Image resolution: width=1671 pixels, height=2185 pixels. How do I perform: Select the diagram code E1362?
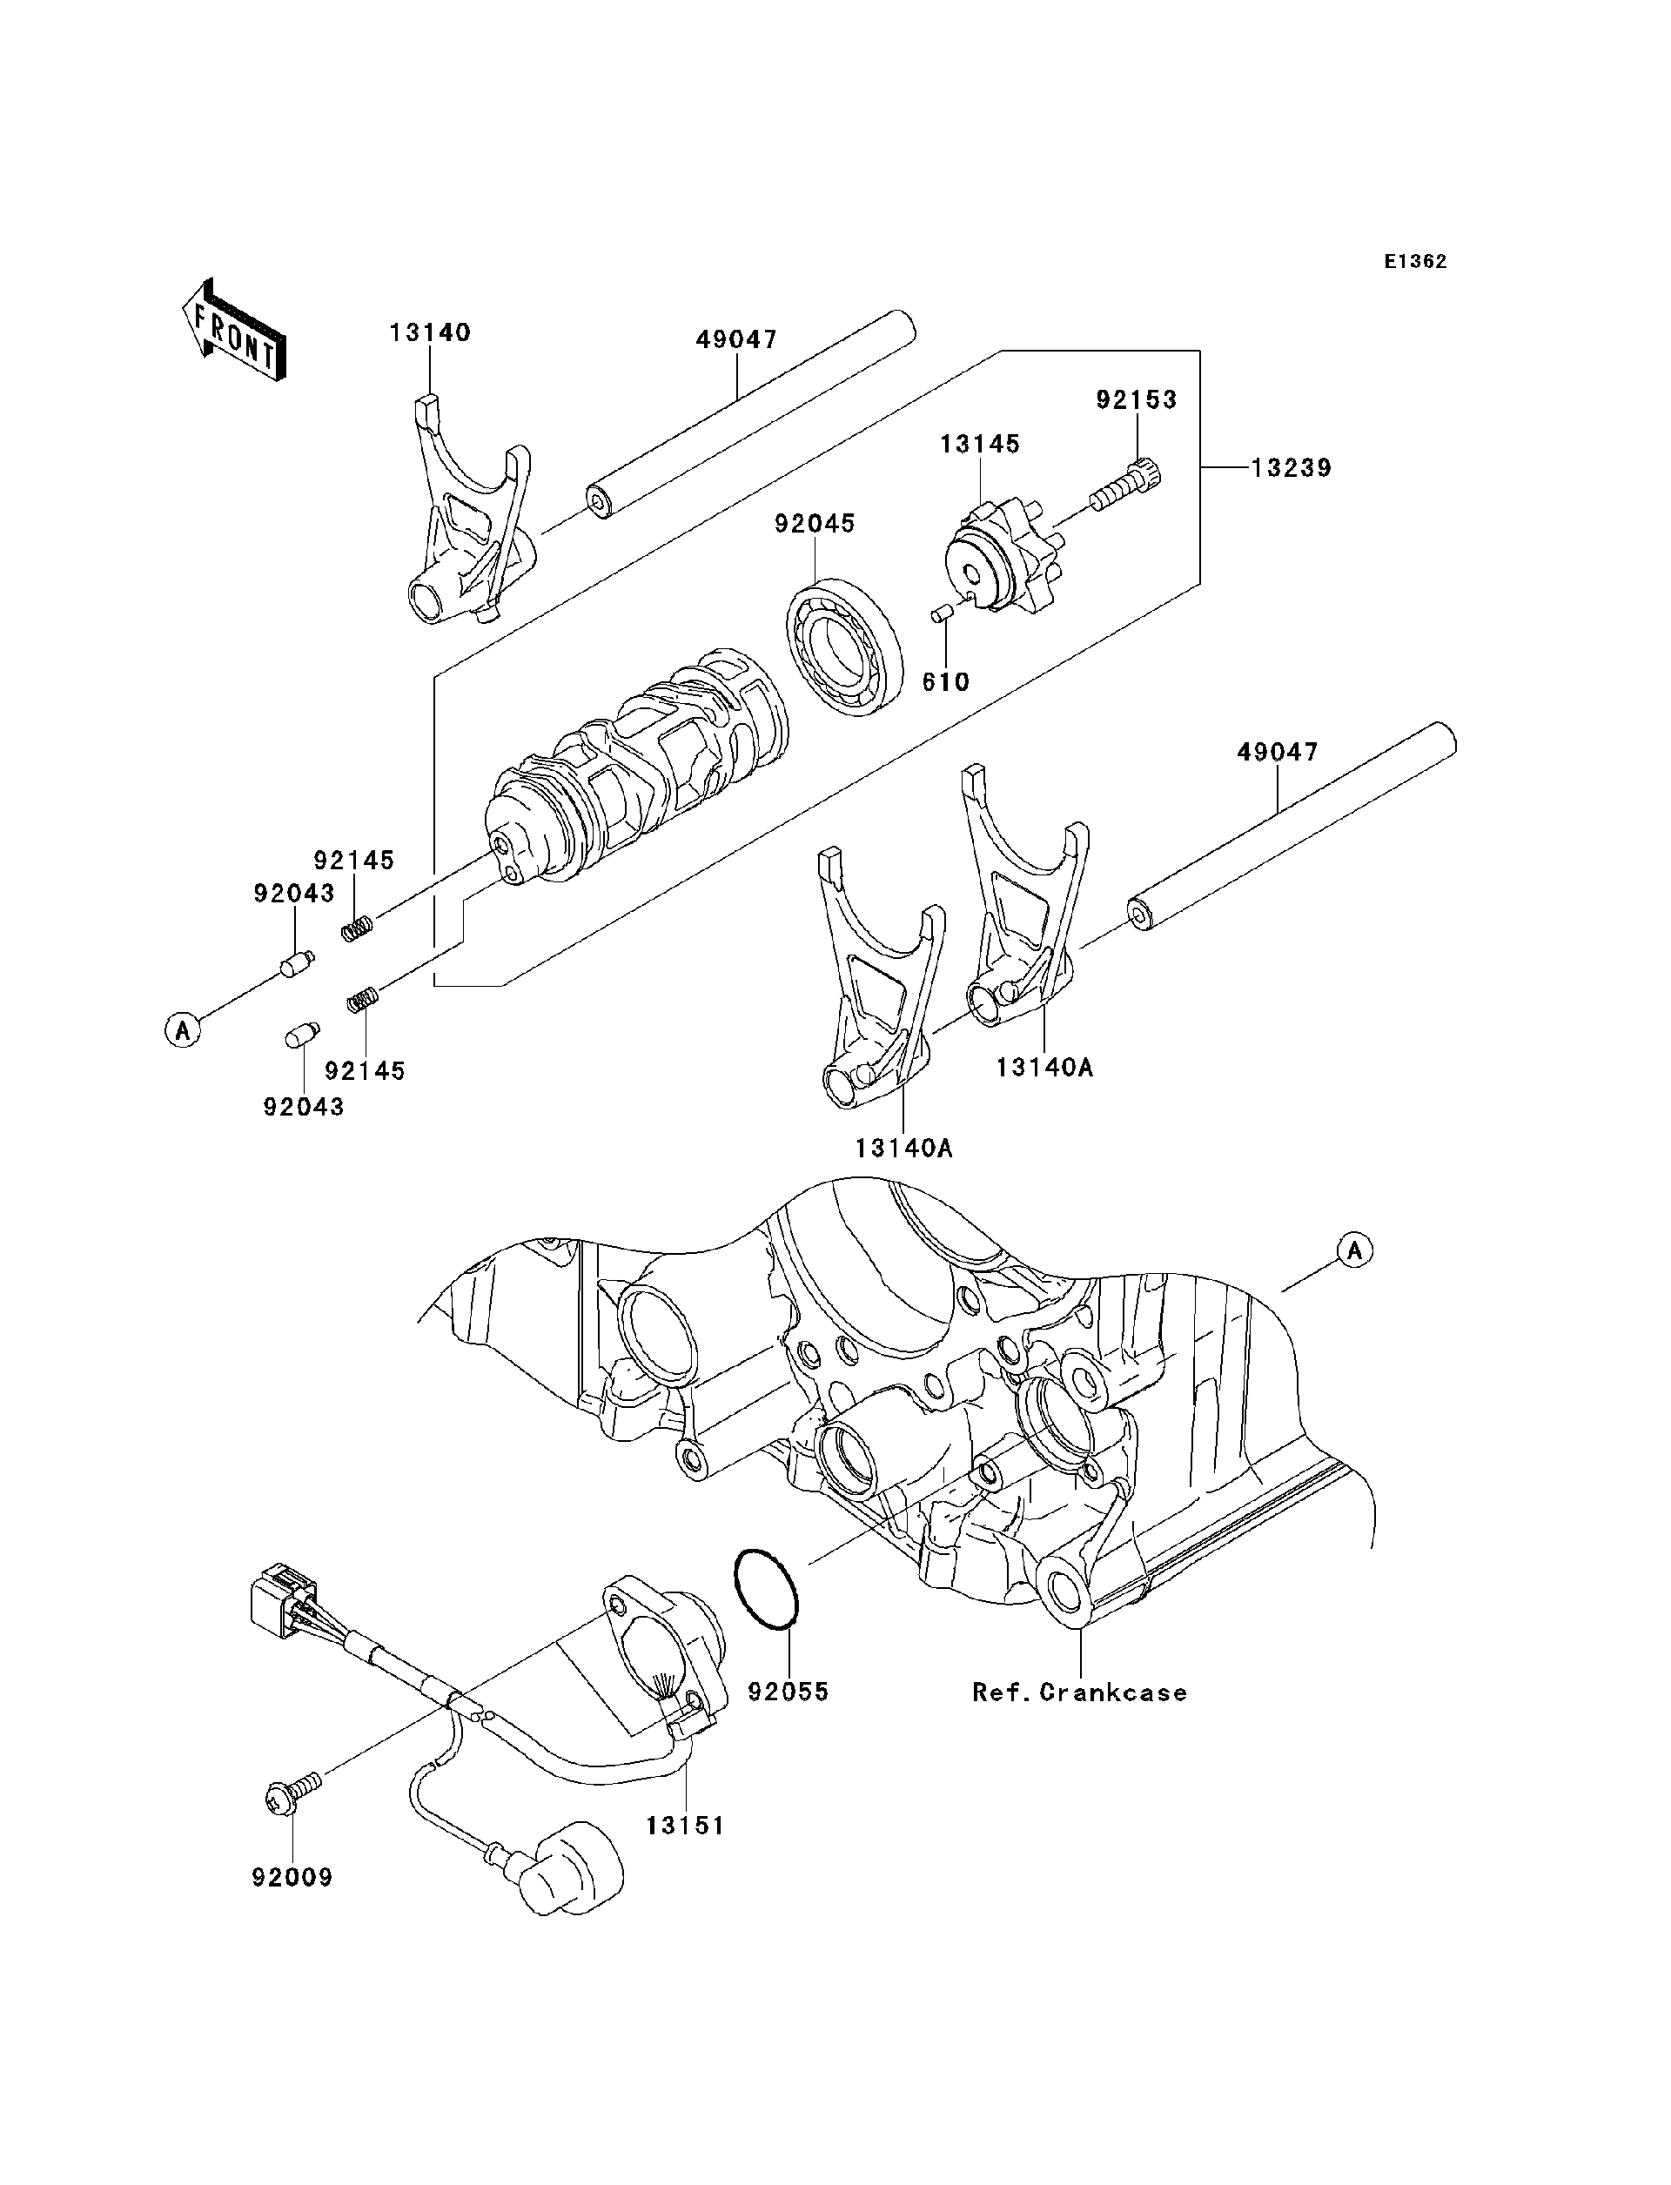point(1415,262)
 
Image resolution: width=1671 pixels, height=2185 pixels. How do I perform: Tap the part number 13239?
point(1290,467)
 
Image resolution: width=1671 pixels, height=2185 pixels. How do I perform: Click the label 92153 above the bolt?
point(1136,399)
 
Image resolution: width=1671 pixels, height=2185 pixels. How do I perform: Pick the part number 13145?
point(980,444)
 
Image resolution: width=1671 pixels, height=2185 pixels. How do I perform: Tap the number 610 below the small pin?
point(945,682)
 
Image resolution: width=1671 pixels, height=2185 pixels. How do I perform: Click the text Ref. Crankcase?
point(1079,1692)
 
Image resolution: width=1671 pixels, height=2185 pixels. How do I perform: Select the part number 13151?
point(684,1826)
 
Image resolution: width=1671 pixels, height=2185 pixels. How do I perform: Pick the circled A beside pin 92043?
point(183,1029)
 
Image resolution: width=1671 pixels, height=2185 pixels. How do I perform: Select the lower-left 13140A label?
point(903,1149)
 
